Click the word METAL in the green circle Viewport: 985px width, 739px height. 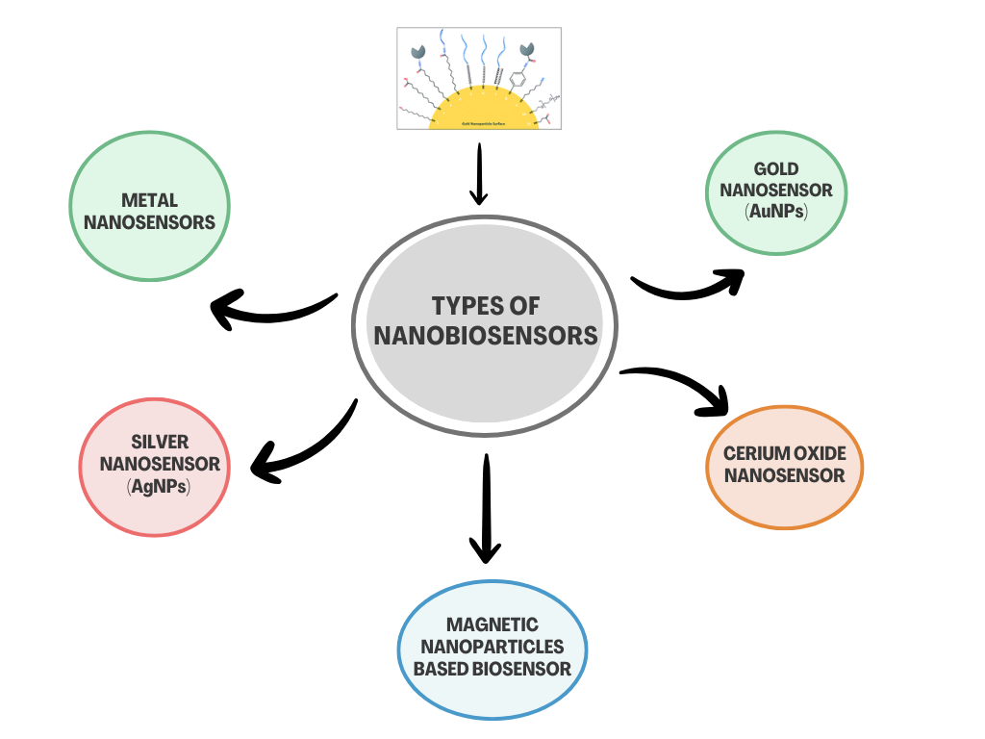click(149, 200)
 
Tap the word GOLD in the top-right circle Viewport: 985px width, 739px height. click(776, 169)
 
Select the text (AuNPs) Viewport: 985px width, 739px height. click(776, 211)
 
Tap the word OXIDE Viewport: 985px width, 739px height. click(819, 453)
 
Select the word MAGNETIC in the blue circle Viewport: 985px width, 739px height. click(492, 625)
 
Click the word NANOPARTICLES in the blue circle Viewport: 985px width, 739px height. click(492, 647)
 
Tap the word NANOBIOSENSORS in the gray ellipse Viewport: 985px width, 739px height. click(486, 335)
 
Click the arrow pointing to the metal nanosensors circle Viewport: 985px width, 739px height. click(269, 310)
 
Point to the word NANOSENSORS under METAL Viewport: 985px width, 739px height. click(149, 222)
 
